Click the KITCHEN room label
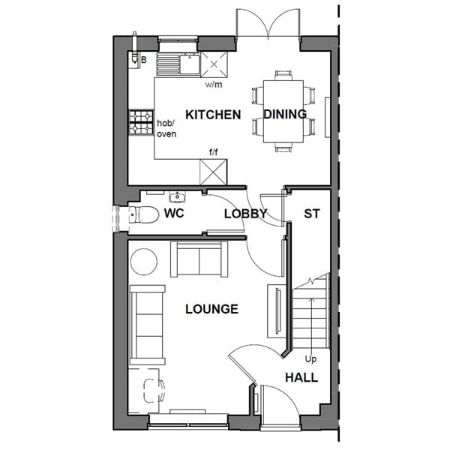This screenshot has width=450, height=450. [x=213, y=115]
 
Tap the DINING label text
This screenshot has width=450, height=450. [x=285, y=114]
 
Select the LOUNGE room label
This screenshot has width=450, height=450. [x=211, y=309]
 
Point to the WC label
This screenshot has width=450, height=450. [x=174, y=213]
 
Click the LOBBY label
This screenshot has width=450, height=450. [x=246, y=214]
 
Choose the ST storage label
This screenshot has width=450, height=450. [x=312, y=214]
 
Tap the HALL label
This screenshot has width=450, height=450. [x=301, y=378]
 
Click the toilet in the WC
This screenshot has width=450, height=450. [x=143, y=214]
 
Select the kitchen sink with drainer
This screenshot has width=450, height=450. [x=178, y=64]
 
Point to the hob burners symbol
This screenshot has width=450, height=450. [x=141, y=122]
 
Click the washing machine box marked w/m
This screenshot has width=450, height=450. [x=214, y=64]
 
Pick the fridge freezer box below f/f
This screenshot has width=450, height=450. [x=213, y=172]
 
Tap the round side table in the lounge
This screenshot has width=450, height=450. [x=144, y=262]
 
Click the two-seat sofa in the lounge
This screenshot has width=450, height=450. [x=199, y=259]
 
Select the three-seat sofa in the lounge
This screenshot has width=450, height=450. [x=147, y=325]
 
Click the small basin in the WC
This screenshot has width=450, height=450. [x=177, y=196]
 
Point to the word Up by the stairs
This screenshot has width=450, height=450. [x=310, y=359]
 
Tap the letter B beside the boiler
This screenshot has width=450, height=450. [x=144, y=60]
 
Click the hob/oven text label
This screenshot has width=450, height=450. [x=166, y=129]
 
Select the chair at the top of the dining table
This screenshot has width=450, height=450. [x=283, y=75]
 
